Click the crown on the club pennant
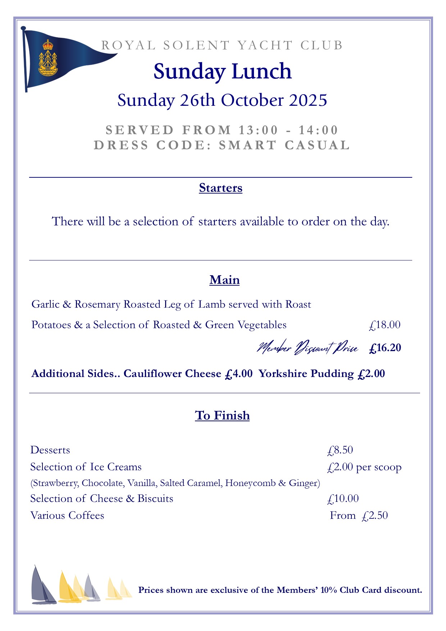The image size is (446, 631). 47,45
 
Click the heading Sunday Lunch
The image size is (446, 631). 222,71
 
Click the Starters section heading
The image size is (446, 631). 220,188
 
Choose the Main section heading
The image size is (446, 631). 224,280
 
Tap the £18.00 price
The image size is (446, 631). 384,325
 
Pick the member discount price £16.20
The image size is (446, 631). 385,348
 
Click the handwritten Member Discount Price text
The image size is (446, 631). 308,348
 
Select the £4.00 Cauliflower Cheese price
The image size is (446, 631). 238,374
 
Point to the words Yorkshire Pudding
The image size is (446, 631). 306,374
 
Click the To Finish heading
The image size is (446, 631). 222,416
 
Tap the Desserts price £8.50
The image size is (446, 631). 340,450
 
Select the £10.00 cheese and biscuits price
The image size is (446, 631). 343,499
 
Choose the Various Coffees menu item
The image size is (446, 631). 67,516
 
